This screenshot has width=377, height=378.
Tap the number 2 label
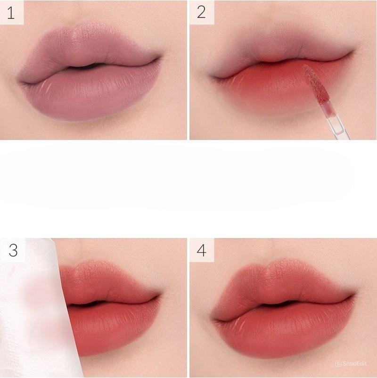201,13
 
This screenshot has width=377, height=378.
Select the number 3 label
13,250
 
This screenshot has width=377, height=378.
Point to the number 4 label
201,250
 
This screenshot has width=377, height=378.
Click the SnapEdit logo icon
338,363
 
